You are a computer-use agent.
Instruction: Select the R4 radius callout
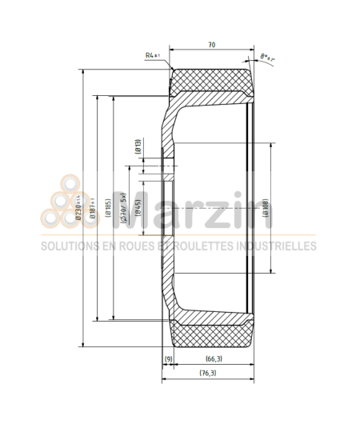pos(153,55)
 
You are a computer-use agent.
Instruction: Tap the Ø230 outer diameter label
pos(78,207)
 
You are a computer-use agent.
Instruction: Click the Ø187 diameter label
pos(94,207)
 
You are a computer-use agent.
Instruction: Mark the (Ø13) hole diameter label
pos(138,146)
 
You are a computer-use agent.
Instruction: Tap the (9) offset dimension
pos(168,358)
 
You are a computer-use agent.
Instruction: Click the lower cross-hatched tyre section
pos(212,335)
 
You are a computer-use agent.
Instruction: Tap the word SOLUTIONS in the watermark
pos(72,246)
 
